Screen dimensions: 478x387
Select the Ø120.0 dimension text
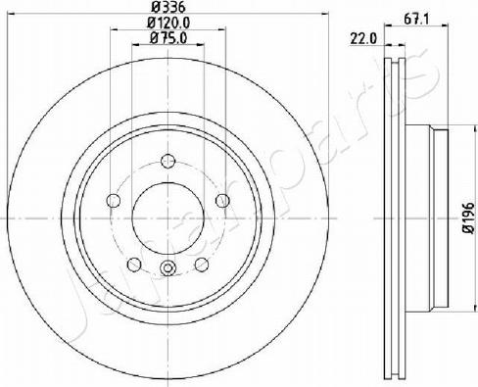click(x=168, y=23)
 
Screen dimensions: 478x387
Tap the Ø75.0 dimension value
click(x=168, y=38)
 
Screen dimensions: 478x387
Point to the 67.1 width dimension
click(x=415, y=20)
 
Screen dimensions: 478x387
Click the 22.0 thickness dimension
click(x=363, y=39)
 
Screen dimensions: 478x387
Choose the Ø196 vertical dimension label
click(x=468, y=218)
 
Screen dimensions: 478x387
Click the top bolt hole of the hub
click(x=168, y=161)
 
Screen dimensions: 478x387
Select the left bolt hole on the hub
click(x=114, y=200)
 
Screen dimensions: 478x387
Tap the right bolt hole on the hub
click(x=222, y=200)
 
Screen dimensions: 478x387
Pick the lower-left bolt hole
click(x=134, y=265)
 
